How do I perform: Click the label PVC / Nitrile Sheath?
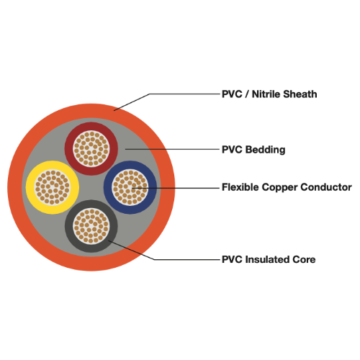269,94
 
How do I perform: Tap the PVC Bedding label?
253,150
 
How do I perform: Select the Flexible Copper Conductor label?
287,187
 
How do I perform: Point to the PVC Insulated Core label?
268,259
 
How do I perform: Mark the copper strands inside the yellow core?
52,187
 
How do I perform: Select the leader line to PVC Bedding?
173,150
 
